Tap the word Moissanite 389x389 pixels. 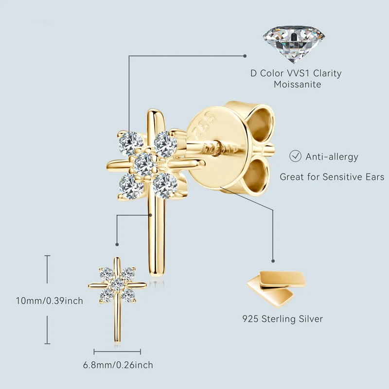tap(296, 85)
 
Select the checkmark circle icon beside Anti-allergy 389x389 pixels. tap(295, 156)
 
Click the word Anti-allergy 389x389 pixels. tap(332, 157)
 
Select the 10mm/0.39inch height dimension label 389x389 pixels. tap(49, 301)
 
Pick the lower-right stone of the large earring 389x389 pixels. tap(165, 184)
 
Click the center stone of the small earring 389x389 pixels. tap(117, 283)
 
